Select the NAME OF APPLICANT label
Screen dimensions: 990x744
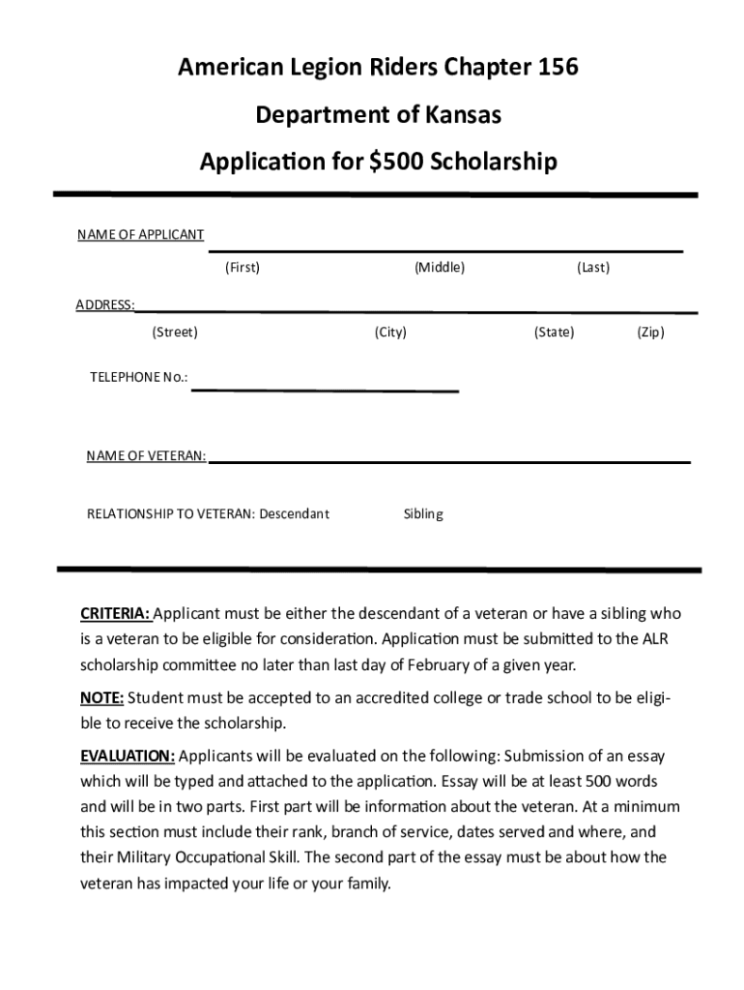141,235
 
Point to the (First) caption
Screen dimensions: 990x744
243,267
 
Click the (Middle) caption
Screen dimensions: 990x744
440,267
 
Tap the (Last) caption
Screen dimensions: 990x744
593,267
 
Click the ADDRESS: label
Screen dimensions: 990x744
105,306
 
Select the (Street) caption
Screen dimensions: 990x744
175,333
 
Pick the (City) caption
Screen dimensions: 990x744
390,333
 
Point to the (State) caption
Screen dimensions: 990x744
554,333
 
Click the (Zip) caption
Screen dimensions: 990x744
650,333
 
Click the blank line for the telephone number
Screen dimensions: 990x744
325,389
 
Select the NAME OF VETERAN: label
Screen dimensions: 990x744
146,455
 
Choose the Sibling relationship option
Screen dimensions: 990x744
423,513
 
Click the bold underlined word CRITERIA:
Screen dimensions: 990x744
115,614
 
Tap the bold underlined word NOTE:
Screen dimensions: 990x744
101,698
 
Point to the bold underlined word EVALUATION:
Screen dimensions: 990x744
128,755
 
